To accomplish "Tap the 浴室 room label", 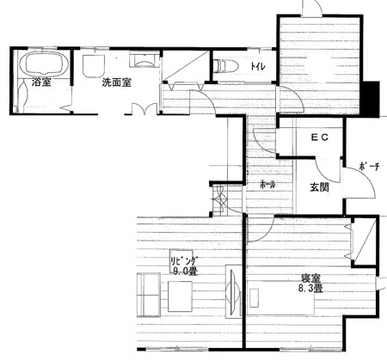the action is [x=41, y=82].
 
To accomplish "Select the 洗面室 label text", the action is [x=117, y=82].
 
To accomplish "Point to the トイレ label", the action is [x=258, y=67].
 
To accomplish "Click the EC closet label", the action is [x=320, y=137].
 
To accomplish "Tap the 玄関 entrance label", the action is [x=319, y=187].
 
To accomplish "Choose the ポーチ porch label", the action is [x=369, y=167].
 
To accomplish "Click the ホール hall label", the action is [x=267, y=185].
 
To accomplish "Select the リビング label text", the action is [x=184, y=261].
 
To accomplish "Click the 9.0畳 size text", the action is [x=186, y=271].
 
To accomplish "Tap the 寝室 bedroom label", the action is [x=310, y=278].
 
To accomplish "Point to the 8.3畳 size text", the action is [x=310, y=288].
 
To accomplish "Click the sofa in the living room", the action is [x=148, y=295].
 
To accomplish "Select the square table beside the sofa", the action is [x=180, y=296].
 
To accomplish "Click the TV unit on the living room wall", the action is [x=233, y=291].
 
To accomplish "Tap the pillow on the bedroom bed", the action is [x=254, y=298].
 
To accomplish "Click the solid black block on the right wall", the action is [x=372, y=99].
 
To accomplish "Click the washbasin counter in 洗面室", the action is [x=144, y=59].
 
